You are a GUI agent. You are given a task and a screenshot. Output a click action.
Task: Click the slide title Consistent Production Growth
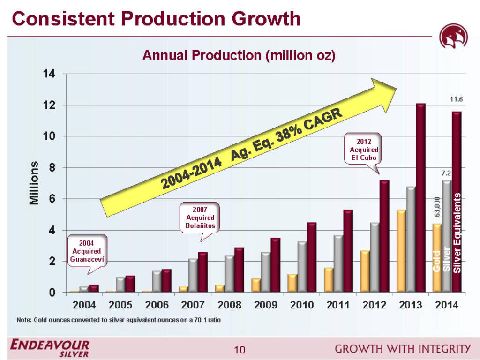(x=156, y=19)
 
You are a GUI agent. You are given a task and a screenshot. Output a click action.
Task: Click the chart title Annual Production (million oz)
(x=239, y=56)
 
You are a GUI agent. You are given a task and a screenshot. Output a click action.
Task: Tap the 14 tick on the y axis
(x=49, y=74)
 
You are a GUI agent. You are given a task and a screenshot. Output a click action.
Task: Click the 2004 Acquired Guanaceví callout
(x=87, y=251)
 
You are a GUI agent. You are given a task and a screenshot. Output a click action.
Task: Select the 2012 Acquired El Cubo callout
(x=364, y=149)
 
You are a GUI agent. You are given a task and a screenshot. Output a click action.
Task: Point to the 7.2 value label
(x=446, y=173)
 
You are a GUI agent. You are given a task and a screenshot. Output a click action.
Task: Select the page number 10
(x=240, y=349)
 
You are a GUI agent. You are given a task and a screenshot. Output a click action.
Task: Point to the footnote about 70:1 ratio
(x=118, y=320)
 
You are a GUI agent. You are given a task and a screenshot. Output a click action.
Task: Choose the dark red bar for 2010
(x=312, y=257)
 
